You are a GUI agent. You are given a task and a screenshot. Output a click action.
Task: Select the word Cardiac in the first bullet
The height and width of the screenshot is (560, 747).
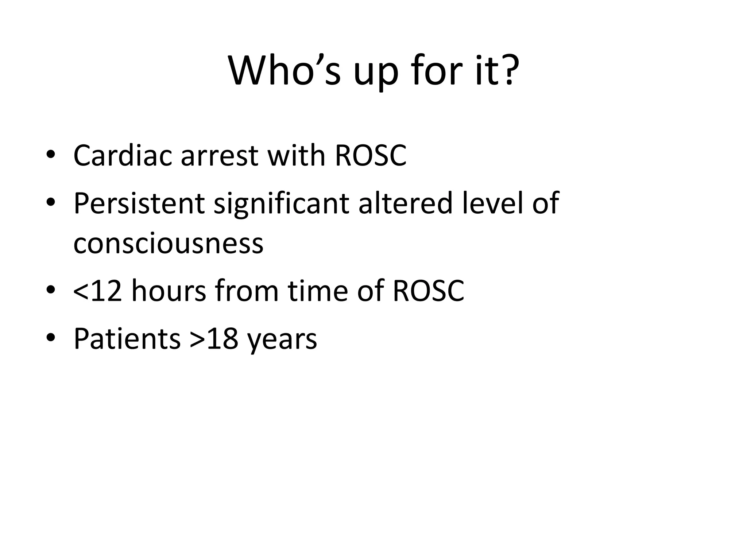(123, 155)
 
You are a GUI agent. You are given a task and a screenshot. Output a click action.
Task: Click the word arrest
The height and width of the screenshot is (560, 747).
(219, 156)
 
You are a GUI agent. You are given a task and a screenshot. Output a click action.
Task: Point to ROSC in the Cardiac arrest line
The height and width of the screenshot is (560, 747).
(370, 155)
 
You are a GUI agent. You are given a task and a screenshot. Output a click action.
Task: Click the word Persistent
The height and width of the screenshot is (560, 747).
(139, 203)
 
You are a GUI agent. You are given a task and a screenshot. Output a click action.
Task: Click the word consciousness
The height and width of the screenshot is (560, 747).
(168, 244)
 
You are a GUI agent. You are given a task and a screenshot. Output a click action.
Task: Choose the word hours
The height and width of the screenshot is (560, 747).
(169, 291)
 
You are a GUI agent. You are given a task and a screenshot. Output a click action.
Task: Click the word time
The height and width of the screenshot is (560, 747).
(317, 291)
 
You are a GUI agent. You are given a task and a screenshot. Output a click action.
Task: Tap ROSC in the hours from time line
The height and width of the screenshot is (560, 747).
(428, 291)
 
